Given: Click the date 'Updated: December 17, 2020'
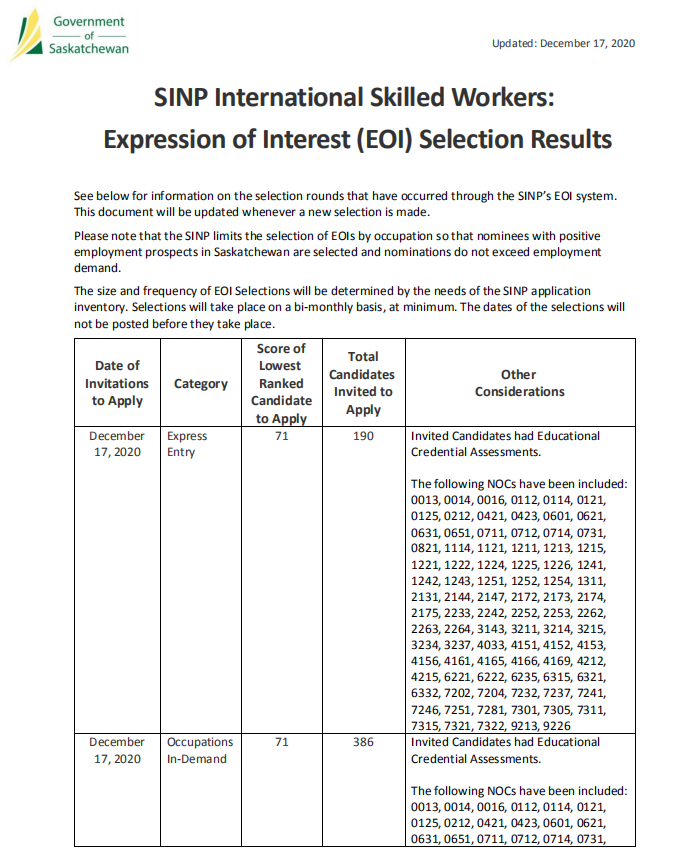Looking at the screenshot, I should coord(564,43).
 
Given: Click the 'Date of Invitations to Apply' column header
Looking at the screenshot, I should coord(116,383).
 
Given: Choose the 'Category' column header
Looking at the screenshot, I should coord(200,384).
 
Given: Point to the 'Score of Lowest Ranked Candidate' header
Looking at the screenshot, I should coord(281,383).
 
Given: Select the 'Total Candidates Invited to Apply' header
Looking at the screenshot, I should coord(363,383).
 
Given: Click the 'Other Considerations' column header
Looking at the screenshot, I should coord(519,383).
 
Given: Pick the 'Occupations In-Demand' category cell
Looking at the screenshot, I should coord(199,750).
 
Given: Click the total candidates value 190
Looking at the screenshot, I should coord(363,436).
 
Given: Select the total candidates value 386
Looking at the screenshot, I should coord(363,742).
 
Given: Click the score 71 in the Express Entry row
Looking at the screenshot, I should coord(281,436).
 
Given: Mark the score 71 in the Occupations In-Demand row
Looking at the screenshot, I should coord(281,742).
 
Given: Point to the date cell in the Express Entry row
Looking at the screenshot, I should coord(116,444).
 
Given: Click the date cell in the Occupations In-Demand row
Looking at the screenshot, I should coord(116,750).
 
